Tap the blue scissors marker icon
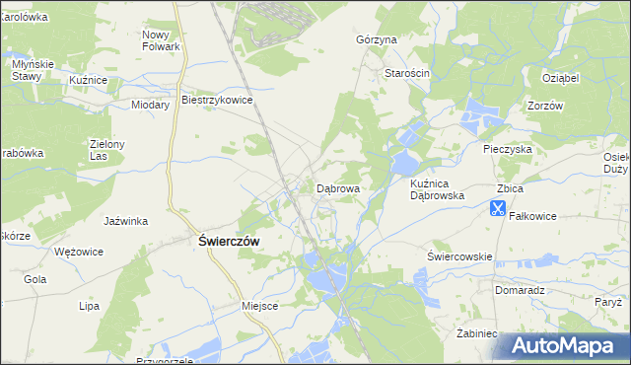(x=497, y=208)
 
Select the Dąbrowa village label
(x=337, y=187)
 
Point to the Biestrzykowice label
(x=218, y=100)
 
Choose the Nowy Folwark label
(x=161, y=40)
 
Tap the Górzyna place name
(x=376, y=40)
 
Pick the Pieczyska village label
(x=508, y=149)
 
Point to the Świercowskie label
(x=459, y=256)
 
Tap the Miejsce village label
(x=260, y=306)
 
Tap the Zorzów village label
(x=544, y=106)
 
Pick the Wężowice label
(x=80, y=252)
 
